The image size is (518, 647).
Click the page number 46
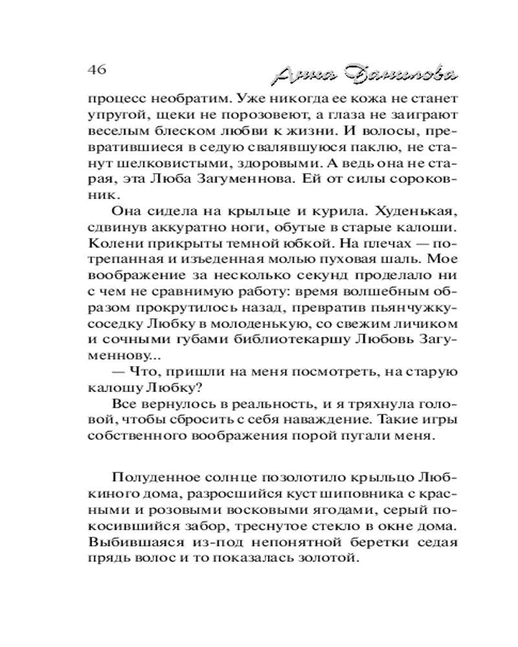click(95, 69)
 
